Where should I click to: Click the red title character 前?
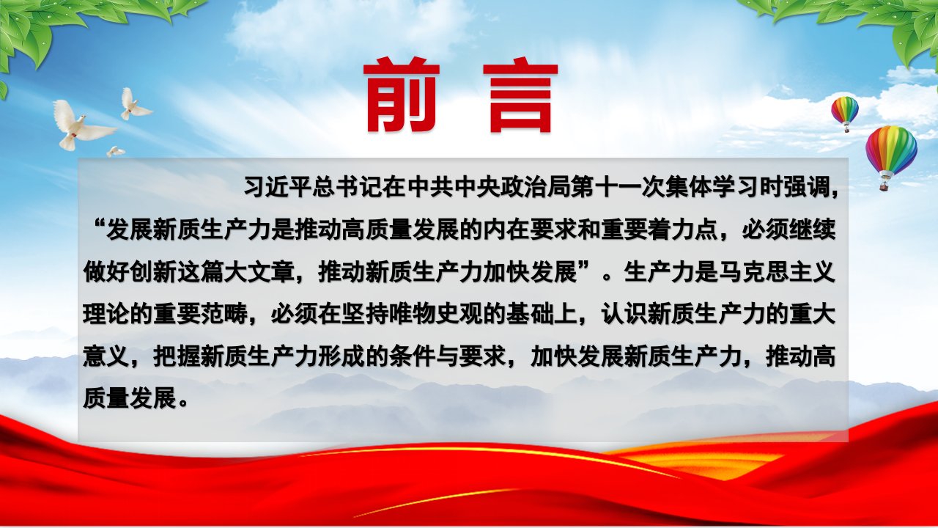[x=401, y=95]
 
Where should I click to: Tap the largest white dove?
[x=82, y=125]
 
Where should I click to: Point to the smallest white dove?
[x=115, y=151]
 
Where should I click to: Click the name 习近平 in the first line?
[x=279, y=187]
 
